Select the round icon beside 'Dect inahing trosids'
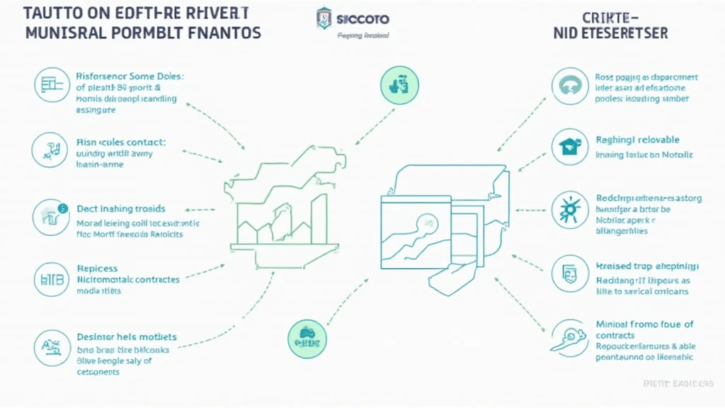pos(50,216)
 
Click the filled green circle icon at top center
pos(399,84)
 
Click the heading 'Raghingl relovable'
pos(637,140)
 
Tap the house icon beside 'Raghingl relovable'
pos(569,147)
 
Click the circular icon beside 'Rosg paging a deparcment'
pos(569,86)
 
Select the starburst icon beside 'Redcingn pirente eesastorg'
pos(569,210)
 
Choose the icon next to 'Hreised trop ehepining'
pos(569,272)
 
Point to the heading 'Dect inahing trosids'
pos(120,209)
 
